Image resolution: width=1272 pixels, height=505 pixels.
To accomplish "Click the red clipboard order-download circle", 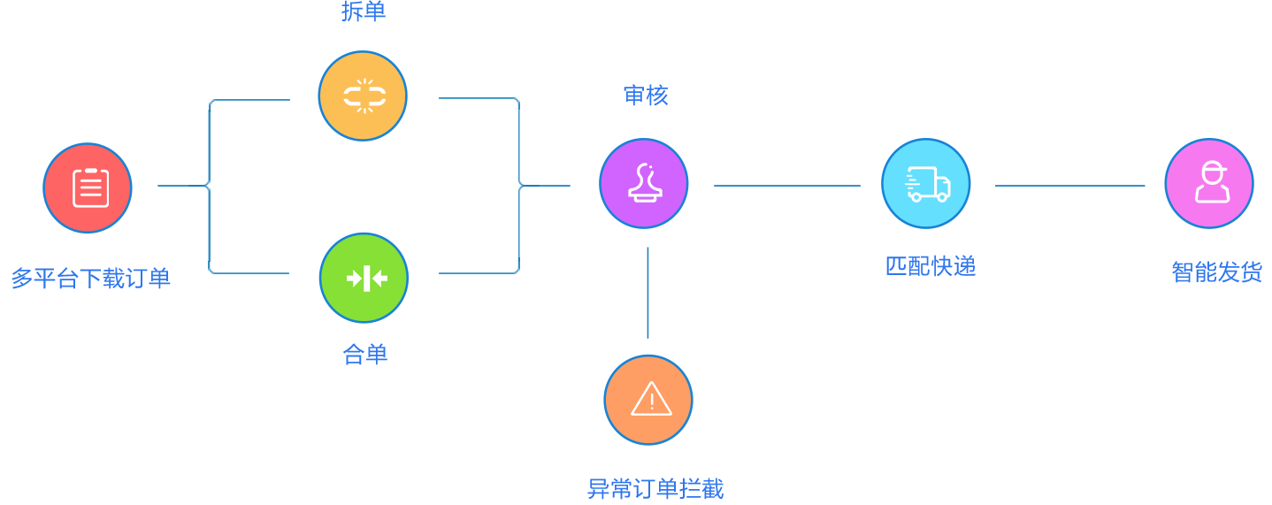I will [88, 187].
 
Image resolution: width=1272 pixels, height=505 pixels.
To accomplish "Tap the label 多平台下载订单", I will [90, 279].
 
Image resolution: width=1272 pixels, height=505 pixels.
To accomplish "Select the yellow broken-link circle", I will [363, 96].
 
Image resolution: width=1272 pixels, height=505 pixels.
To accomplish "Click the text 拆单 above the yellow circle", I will [364, 11].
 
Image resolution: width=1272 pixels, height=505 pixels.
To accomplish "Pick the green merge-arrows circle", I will [364, 278].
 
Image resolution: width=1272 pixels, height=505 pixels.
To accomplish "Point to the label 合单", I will [364, 355].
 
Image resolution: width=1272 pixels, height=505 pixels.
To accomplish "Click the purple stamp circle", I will [644, 183].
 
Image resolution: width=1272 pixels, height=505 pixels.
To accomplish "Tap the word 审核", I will [646, 96].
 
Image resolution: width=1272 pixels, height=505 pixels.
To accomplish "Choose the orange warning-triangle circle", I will [648, 399].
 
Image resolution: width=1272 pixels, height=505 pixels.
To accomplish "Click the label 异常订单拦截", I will [655, 488].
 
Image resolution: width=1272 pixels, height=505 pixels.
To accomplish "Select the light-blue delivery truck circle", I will [926, 183].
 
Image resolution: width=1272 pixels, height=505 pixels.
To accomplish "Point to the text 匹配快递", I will [931, 266].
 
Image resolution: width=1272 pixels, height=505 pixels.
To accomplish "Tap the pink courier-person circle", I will [1209, 183].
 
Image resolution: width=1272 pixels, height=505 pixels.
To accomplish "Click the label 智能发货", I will [1216, 272].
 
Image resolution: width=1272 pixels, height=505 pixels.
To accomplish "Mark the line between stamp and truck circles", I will [787, 186].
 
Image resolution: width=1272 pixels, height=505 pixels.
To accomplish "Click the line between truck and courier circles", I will [1070, 186].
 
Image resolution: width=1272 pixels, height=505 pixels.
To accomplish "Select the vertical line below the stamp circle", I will [647, 292].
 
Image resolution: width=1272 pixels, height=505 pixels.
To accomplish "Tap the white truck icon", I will [927, 184].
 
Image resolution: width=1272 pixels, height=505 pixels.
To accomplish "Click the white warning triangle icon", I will [651, 399].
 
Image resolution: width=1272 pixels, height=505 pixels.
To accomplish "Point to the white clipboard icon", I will [90, 187].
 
